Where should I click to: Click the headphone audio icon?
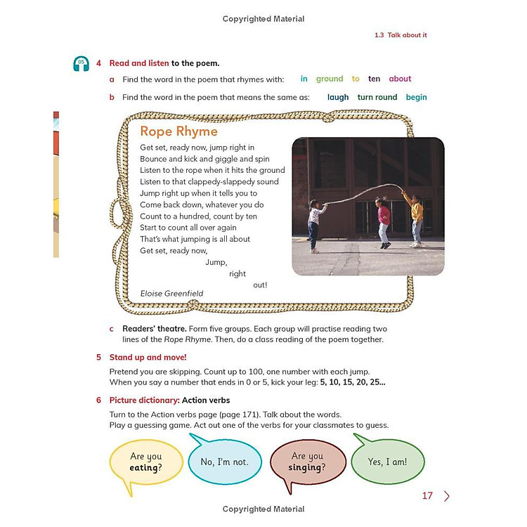click(x=82, y=64)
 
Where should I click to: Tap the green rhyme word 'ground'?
click(x=329, y=79)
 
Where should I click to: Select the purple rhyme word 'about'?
click(x=400, y=79)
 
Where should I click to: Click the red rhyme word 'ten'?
click(x=374, y=79)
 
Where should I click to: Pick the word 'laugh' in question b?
click(x=338, y=98)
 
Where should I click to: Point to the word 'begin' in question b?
click(x=416, y=98)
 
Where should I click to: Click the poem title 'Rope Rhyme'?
click(x=178, y=131)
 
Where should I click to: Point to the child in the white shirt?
click(x=315, y=223)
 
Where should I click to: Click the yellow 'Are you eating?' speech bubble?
click(x=145, y=462)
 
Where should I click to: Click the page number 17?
click(x=427, y=496)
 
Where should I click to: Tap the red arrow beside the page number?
click(x=446, y=496)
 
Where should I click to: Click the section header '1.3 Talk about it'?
click(x=401, y=35)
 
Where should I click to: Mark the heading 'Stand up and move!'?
click(x=148, y=357)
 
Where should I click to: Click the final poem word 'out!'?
click(x=260, y=285)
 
